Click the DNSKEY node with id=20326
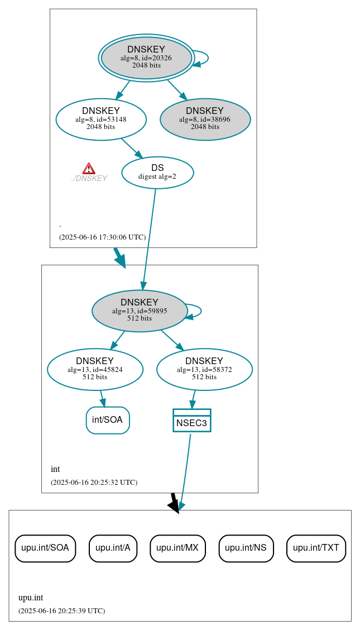[x=146, y=58]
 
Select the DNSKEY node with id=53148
[x=101, y=119]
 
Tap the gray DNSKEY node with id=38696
[x=205, y=119]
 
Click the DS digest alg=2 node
[x=157, y=172]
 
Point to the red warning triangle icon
[x=89, y=169]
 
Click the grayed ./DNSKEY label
[x=89, y=179]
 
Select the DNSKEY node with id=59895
[x=140, y=311]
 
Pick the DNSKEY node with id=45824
[x=95, y=369]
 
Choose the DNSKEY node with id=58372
[x=204, y=369]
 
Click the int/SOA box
[x=108, y=420]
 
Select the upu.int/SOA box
[x=45, y=548]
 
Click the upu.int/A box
[x=113, y=548]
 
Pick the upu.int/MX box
[x=177, y=548]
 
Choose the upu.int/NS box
[x=246, y=548]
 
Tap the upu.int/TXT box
[x=316, y=548]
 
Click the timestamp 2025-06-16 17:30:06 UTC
[x=102, y=237]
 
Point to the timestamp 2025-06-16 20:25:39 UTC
[x=61, y=610]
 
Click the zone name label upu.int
[x=31, y=597]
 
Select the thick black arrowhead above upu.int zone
[x=174, y=505]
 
